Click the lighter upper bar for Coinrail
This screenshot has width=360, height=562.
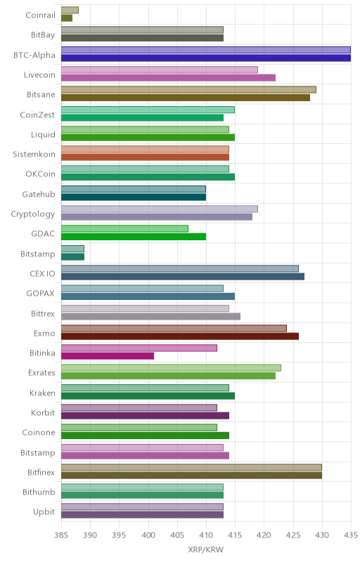pyautogui.click(x=70, y=10)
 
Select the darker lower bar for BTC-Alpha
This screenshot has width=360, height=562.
pyautogui.click(x=206, y=58)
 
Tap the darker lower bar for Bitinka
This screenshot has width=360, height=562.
pyautogui.click(x=108, y=356)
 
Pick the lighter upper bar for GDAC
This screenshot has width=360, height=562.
pyautogui.click(x=124, y=229)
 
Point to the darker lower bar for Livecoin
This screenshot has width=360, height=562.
pyautogui.click(x=169, y=77)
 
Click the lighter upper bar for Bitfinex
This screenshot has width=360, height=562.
pyautogui.click(x=191, y=467)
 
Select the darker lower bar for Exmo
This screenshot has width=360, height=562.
pyautogui.click(x=180, y=336)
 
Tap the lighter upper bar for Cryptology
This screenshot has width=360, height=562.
pyautogui.click(x=160, y=209)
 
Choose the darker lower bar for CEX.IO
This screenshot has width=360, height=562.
pyautogui.click(x=183, y=276)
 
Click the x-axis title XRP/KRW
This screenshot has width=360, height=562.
pyautogui.click(x=206, y=550)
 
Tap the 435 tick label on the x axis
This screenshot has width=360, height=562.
pyautogui.click(x=351, y=535)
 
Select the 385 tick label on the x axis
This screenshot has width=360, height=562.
pyautogui.click(x=61, y=535)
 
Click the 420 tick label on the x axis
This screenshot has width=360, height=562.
pyautogui.click(x=264, y=535)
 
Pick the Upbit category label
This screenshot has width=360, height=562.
pyautogui.click(x=44, y=512)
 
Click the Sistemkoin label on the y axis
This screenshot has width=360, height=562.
pyautogui.click(x=34, y=154)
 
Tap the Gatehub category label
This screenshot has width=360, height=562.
pyautogui.click(x=39, y=194)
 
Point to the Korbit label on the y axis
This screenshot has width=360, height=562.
pyautogui.click(x=43, y=412)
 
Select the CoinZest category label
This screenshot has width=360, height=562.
pyautogui.click(x=37, y=115)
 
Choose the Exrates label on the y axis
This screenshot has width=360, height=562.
pyautogui.click(x=41, y=373)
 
